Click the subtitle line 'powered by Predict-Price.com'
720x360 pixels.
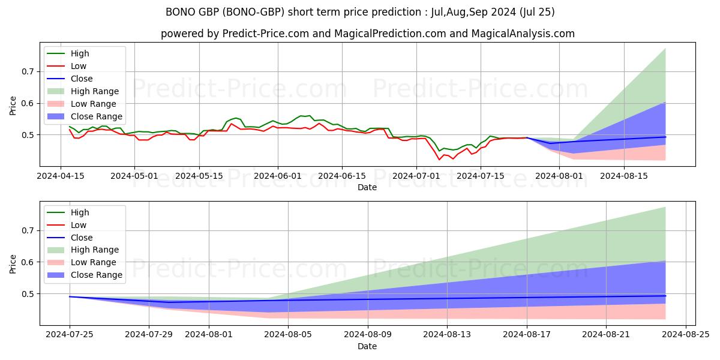pos(367,34)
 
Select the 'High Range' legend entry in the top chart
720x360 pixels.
pos(94,91)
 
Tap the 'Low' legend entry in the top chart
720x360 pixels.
pos(79,66)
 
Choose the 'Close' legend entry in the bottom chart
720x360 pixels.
pos(82,238)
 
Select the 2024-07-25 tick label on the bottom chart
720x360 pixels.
pos(70,334)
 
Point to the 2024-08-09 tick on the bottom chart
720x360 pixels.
pos(367,334)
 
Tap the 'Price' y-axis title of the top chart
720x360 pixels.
pos(13,106)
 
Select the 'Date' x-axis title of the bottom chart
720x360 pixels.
pos(367,346)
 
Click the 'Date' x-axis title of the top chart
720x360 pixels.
pos(367,187)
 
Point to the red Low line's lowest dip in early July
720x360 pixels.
pos(439,160)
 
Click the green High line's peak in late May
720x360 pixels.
pos(236,118)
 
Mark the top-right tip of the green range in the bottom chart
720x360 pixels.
pos(665,207)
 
